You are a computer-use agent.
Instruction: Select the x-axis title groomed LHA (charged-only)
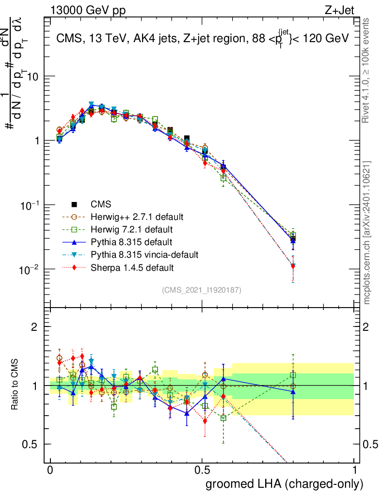click(285, 484)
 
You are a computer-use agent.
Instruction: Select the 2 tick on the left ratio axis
click(34, 327)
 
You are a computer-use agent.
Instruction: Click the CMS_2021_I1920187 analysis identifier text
click(202, 290)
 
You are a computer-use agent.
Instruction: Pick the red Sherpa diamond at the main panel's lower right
click(293, 266)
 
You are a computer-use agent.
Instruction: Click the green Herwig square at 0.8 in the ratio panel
click(293, 374)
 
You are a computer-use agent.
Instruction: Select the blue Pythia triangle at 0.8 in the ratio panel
click(293, 391)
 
